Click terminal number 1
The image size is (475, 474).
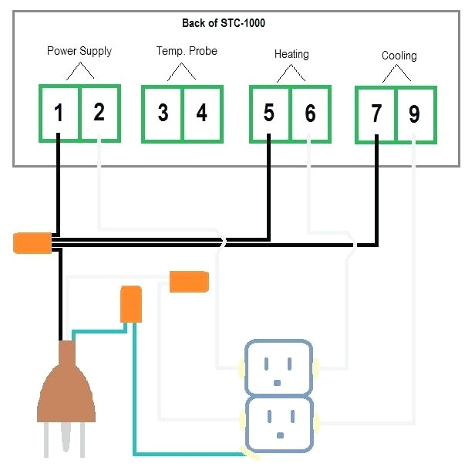click(x=59, y=113)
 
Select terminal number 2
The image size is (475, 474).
click(x=99, y=113)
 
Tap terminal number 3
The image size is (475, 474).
click(x=163, y=113)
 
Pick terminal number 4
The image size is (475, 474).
click(x=202, y=113)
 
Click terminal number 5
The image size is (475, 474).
click(x=269, y=113)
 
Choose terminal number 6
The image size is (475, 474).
click(x=310, y=114)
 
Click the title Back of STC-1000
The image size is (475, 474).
click(x=224, y=23)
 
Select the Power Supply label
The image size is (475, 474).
click(x=79, y=52)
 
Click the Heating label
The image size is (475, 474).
click(x=291, y=54)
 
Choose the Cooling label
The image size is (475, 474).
click(x=399, y=56)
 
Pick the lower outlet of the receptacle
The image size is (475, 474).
click(x=278, y=423)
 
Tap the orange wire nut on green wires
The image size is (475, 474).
click(x=131, y=304)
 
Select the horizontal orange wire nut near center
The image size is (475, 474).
click(x=189, y=281)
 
